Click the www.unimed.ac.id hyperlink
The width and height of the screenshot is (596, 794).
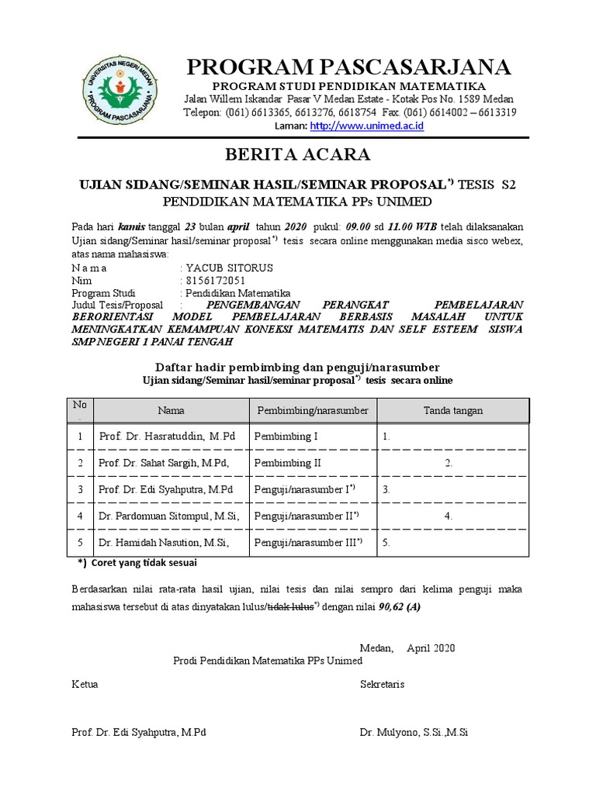click(x=366, y=126)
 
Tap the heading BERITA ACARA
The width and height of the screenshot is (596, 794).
click(x=297, y=154)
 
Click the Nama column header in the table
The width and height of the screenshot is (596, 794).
click(x=171, y=410)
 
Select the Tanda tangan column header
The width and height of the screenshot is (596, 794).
click(x=453, y=410)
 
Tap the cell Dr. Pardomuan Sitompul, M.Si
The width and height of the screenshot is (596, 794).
click(x=169, y=515)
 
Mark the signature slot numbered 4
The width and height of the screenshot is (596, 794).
click(x=449, y=515)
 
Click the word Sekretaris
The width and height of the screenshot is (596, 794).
click(x=382, y=685)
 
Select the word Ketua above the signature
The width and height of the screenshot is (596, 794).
click(x=85, y=685)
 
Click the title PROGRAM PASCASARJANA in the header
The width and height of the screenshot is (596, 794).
click(x=348, y=67)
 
